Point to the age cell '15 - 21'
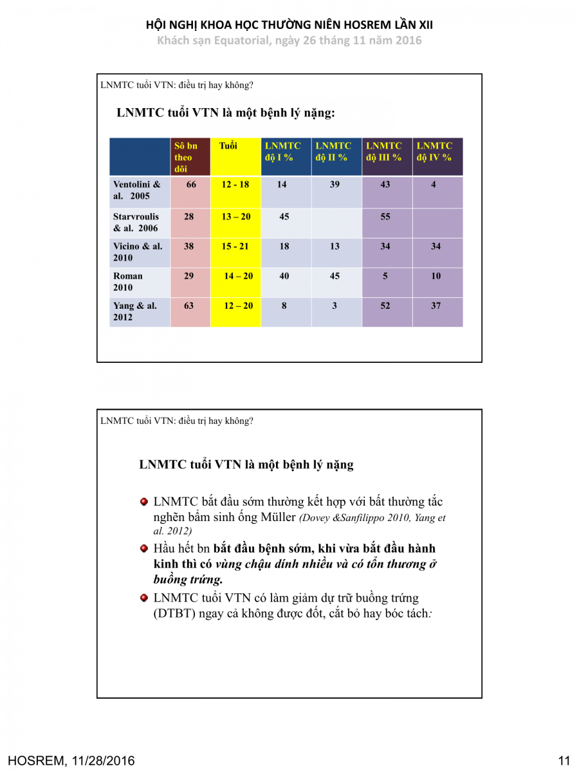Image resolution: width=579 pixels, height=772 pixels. (x=235, y=246)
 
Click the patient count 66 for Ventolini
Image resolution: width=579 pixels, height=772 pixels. (x=191, y=185)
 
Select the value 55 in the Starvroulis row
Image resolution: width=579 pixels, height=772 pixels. (x=385, y=217)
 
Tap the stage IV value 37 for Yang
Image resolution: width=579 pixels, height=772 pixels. (x=436, y=306)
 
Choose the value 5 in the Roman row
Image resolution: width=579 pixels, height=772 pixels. (x=385, y=276)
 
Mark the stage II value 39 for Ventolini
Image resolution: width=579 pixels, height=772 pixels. (x=335, y=185)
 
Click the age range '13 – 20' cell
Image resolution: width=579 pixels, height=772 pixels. (x=236, y=217)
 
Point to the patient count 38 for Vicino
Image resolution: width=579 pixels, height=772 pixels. (x=188, y=246)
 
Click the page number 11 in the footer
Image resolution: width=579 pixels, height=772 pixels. (x=564, y=761)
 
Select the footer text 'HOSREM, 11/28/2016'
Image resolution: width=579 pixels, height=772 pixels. (x=72, y=761)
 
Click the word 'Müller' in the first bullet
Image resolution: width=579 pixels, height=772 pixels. (x=278, y=517)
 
